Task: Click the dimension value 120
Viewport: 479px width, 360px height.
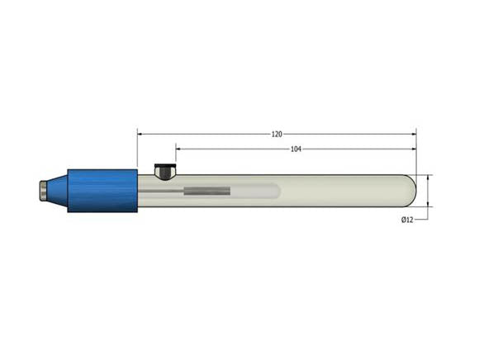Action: (277, 133)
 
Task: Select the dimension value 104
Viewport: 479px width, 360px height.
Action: (296, 149)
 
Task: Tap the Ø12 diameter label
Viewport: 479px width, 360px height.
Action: (407, 219)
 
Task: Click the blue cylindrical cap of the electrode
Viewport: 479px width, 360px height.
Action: (102, 190)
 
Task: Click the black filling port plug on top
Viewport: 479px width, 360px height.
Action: (165, 172)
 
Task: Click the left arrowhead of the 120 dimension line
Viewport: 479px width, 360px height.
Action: (141, 133)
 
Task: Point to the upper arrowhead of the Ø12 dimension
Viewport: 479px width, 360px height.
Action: (429, 178)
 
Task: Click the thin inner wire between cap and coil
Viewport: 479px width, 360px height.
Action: (161, 192)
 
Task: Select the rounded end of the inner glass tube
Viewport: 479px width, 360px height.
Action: (276, 192)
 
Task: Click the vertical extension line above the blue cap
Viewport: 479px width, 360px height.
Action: (138, 149)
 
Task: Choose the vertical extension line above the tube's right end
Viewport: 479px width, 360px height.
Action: (416, 153)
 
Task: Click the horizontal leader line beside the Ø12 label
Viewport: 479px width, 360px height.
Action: (421, 220)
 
